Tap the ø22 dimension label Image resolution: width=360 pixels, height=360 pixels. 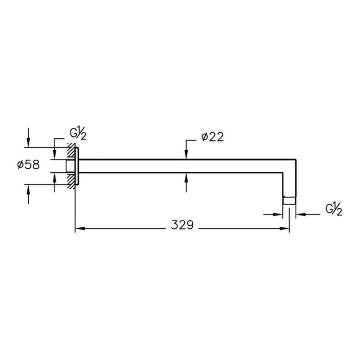point(212,137)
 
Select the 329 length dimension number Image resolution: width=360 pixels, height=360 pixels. point(183,225)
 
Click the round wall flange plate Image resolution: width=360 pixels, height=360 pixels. point(77,165)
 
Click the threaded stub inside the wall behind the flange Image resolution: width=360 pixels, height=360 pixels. point(70,165)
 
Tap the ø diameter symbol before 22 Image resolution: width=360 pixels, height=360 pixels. point(205,137)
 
